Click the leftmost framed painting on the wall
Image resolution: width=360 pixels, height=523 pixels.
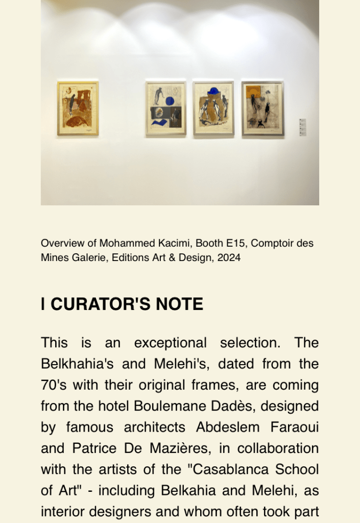click(x=78, y=108)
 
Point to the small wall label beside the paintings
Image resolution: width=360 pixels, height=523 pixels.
click(x=302, y=127)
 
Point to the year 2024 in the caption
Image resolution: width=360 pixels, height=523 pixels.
click(x=228, y=257)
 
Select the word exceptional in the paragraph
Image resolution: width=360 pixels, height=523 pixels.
click(x=170, y=343)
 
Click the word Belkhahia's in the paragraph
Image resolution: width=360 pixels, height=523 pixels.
click(x=79, y=364)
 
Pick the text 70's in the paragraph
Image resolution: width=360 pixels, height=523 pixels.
click(x=54, y=385)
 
